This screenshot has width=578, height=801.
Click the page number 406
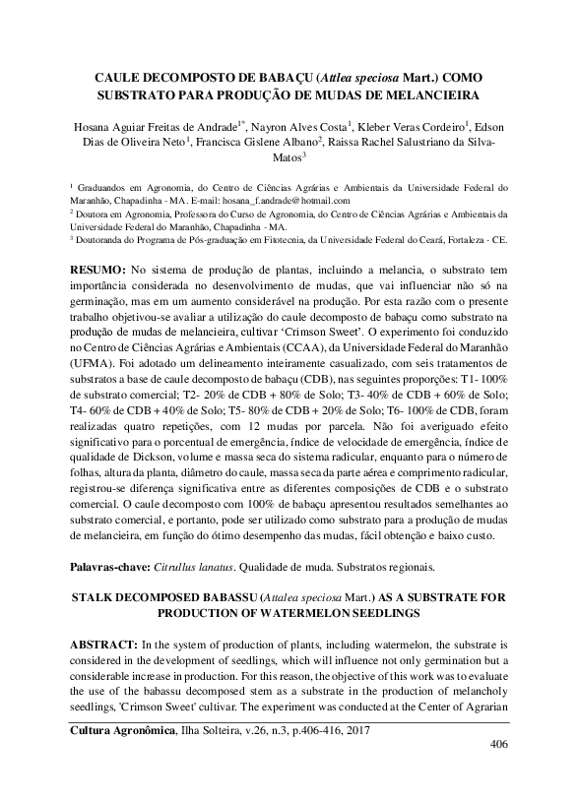498,744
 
